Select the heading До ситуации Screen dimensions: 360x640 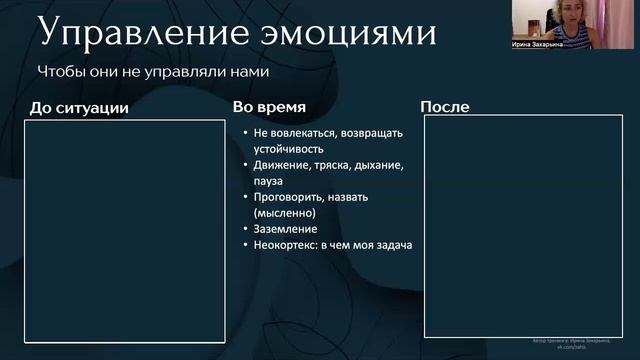pyautogui.click(x=79, y=107)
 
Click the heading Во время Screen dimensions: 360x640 pyautogui.click(x=269, y=106)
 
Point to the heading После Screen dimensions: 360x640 pyautogui.click(x=445, y=106)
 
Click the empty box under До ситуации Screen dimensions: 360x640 pyautogui.click(x=124, y=231)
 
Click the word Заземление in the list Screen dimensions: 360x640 pyautogui.click(x=285, y=229)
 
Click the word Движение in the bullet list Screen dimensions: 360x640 pyautogui.click(x=281, y=165)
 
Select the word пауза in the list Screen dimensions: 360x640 pyautogui.click(x=269, y=181)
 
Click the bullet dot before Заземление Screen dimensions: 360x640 pyautogui.click(x=245, y=229)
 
